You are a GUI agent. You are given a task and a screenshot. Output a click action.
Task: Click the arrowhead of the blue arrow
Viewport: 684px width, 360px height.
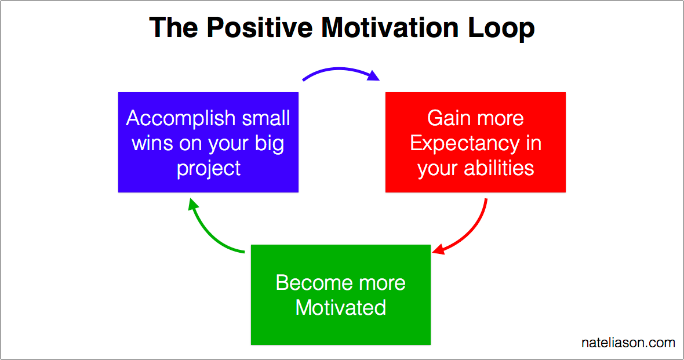(374, 76)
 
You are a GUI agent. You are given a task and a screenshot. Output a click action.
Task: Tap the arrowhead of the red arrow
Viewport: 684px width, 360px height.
(438, 250)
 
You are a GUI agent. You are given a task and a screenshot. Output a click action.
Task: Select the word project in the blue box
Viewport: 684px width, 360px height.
(208, 169)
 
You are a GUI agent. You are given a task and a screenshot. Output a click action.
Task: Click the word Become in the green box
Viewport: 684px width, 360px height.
(307, 283)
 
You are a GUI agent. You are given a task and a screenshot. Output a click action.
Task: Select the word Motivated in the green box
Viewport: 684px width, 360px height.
(341, 307)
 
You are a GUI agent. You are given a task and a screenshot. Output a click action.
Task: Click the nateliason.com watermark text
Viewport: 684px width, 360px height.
(628, 343)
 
